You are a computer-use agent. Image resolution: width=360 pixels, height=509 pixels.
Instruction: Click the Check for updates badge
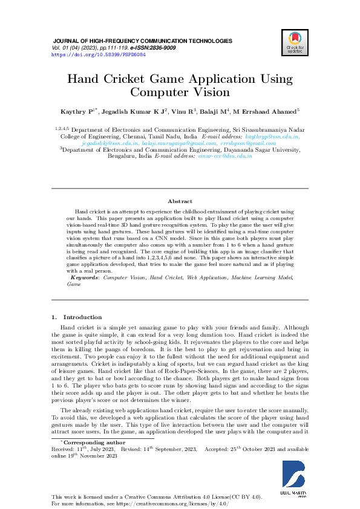295,43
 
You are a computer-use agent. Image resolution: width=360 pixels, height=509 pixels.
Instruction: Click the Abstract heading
180,201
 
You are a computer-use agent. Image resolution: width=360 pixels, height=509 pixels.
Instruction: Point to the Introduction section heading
83,317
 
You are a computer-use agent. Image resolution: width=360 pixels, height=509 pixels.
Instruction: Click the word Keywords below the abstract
83,277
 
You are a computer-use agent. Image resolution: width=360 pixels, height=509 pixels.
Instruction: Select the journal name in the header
142,41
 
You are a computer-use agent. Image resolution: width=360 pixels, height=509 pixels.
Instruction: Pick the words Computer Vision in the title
180,92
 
